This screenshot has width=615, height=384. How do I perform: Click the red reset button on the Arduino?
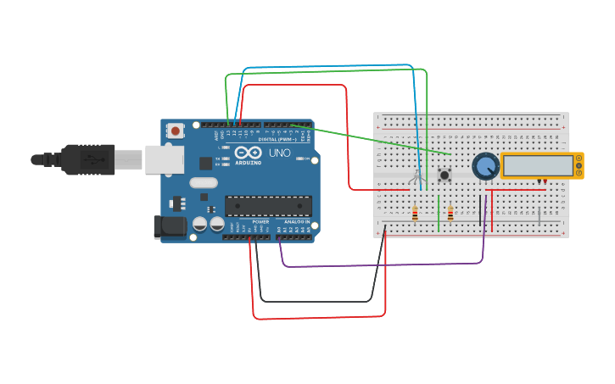tap(176, 131)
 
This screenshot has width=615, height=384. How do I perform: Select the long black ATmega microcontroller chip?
tap(268, 205)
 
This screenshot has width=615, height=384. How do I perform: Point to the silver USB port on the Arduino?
tap(161, 159)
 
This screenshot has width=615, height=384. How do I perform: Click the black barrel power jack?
tap(168, 226)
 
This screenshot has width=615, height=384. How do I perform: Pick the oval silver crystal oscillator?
tap(204, 182)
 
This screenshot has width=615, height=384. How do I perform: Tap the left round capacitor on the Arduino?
tap(200, 224)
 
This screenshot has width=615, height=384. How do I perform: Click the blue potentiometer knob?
tap(484, 166)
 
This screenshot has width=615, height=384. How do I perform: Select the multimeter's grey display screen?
tap(537, 165)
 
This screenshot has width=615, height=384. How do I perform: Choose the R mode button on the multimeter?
tap(579, 173)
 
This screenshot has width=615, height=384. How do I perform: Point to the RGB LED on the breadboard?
tap(417, 177)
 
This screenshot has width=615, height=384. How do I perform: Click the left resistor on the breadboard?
tap(414, 214)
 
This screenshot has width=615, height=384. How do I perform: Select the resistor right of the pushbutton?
tap(450, 214)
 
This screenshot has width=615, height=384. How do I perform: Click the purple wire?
tap(382, 266)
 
